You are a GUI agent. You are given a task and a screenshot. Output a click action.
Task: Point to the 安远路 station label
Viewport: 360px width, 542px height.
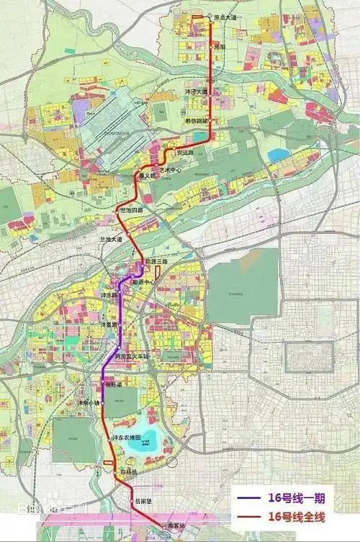click(186, 153)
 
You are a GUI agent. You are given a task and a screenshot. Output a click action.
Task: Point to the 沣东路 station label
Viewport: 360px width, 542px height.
click(108, 296)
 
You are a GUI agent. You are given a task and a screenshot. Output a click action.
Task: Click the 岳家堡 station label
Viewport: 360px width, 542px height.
click(143, 501)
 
